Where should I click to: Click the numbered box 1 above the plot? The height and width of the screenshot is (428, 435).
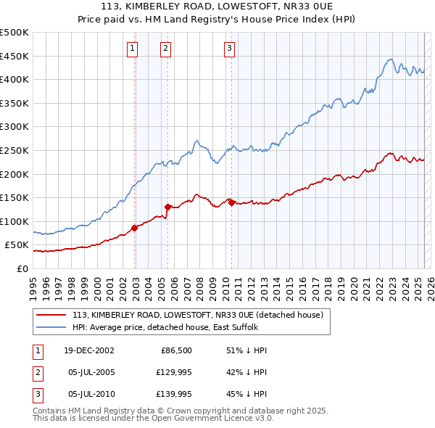point(133,49)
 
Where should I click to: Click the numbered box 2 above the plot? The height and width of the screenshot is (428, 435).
point(165,49)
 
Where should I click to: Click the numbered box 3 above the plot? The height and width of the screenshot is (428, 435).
point(229,49)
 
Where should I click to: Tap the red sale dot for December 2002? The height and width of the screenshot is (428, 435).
point(135,228)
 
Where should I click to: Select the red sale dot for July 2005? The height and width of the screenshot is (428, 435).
point(167,207)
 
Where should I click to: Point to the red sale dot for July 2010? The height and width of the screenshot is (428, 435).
point(231,202)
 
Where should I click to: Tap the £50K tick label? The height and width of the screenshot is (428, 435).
point(17,245)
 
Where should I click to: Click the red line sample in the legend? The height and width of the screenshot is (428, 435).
point(51,315)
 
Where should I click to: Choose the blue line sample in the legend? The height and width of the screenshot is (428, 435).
point(51,327)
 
